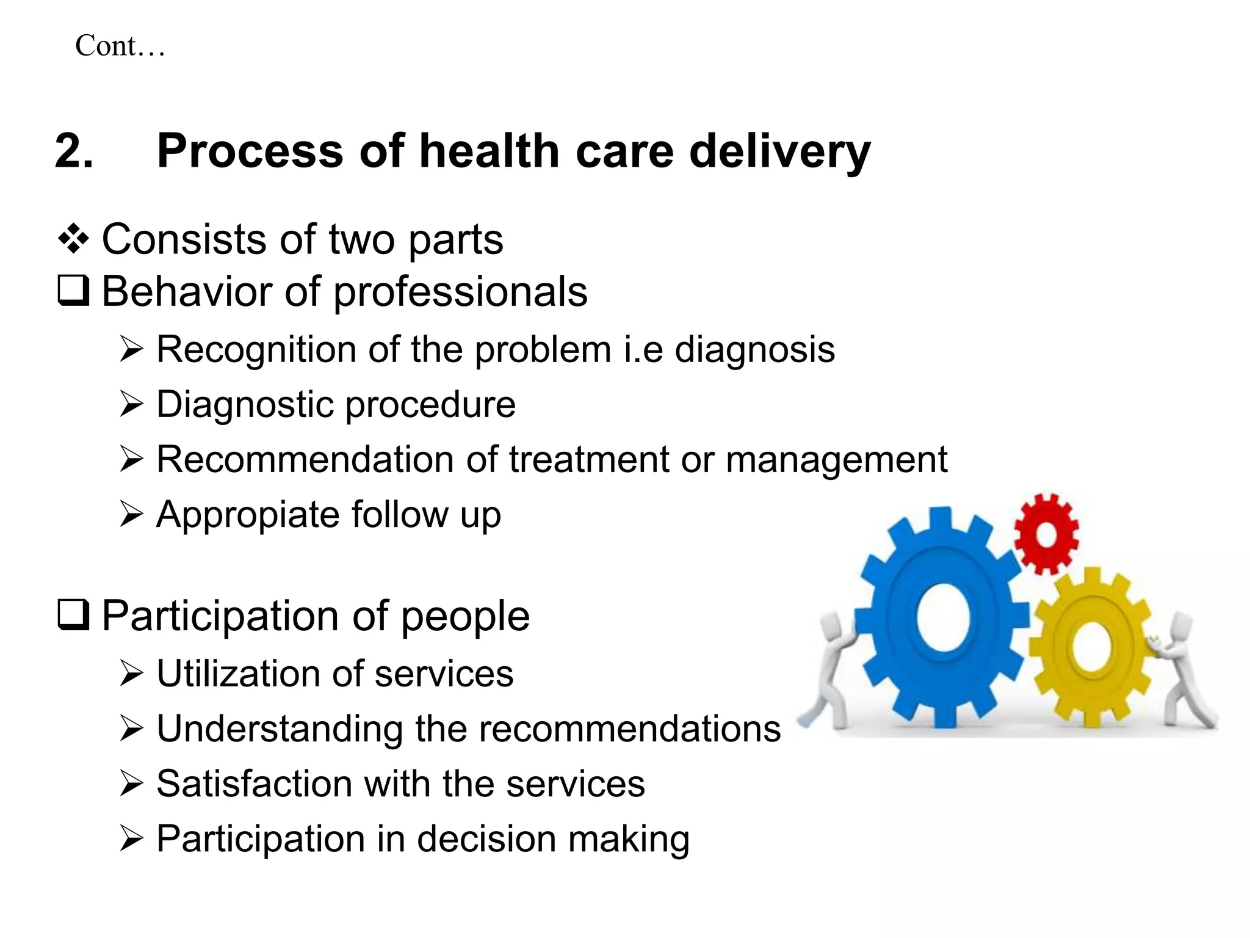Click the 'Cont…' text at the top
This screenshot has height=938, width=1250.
tap(120, 46)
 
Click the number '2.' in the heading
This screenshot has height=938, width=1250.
tap(74, 151)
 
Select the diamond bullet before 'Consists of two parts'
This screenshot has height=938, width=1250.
tap(73, 239)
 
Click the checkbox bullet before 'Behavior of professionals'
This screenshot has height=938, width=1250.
tap(73, 291)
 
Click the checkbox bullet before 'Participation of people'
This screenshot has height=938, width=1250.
tap(73, 615)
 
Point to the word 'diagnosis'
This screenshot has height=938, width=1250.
tap(754, 350)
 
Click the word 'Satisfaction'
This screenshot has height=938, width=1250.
tap(254, 783)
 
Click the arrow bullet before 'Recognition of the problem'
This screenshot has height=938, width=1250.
tap(131, 350)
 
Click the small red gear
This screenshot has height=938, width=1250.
tap(1046, 534)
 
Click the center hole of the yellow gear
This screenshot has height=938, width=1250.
tap(1091, 647)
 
